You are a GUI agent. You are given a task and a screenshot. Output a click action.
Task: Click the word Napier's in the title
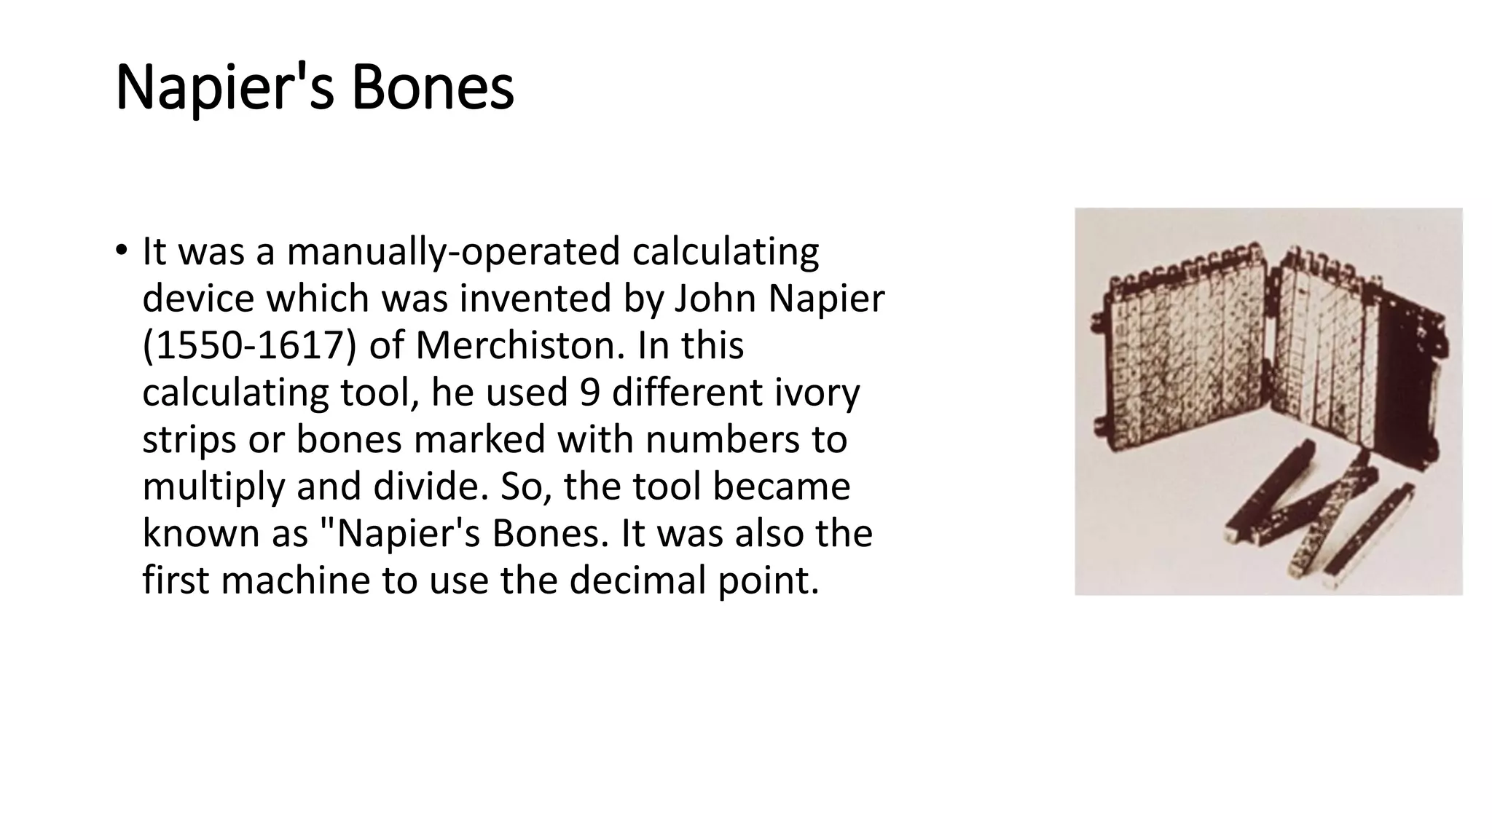coord(225,88)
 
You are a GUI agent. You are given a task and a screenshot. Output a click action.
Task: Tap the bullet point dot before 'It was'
coord(121,251)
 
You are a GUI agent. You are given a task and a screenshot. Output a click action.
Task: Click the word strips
coord(189,440)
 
